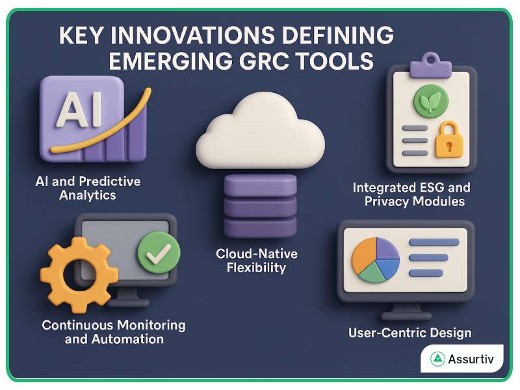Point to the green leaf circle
point(430,101)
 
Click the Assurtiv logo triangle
point(437,359)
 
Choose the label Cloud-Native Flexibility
point(260,260)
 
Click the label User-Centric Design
point(410,333)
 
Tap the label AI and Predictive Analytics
point(88,187)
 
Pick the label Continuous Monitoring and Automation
point(114,331)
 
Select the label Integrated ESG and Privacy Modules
point(411,194)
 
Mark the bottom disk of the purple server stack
point(259,226)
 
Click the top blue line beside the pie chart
point(434,242)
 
